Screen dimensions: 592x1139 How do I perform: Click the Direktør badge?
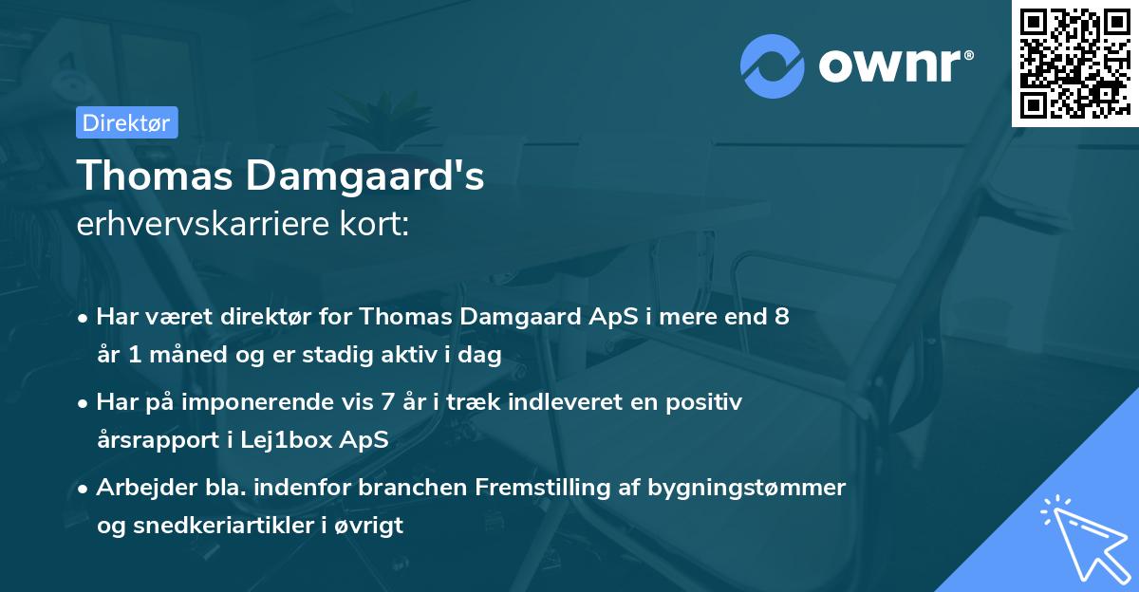click(x=126, y=122)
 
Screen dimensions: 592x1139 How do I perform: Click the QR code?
click(x=1074, y=64)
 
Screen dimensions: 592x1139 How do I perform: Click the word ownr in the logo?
click(x=892, y=66)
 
